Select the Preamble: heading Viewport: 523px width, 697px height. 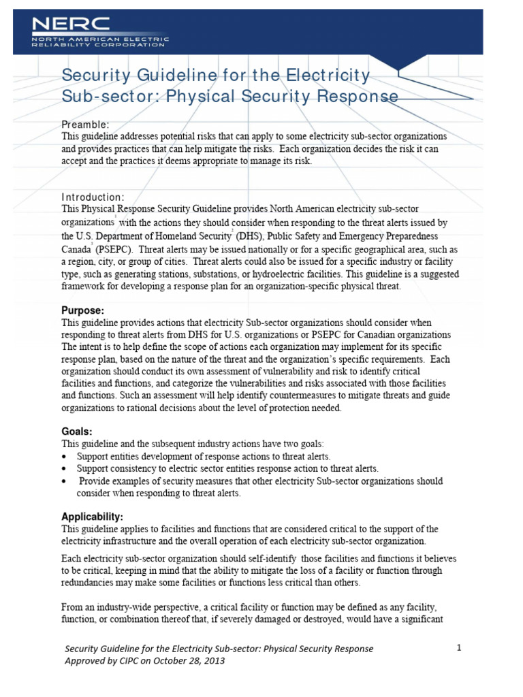[85, 125]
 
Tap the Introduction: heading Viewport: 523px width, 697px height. [93, 197]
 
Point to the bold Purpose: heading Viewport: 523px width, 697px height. [83, 310]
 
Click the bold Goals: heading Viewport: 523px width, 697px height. [77, 432]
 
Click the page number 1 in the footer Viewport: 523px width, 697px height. [459, 648]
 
